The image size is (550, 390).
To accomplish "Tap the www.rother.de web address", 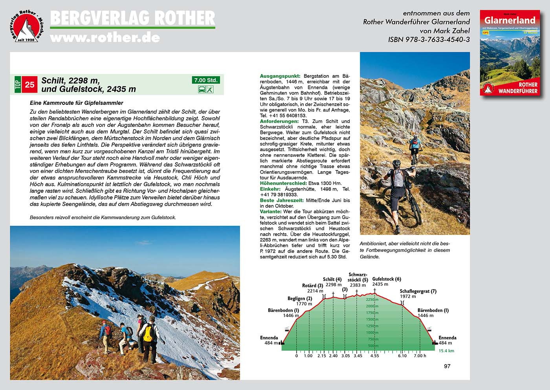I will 105,37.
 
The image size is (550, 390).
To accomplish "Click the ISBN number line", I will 429,39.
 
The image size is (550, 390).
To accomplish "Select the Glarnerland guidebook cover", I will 509,53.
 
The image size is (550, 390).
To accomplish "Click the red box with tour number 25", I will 30,84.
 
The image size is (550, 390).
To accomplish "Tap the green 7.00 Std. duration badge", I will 205,80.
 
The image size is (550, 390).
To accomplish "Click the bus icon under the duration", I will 202,90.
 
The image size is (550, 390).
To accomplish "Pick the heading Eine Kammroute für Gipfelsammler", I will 77,103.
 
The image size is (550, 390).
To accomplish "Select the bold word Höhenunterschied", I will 283,183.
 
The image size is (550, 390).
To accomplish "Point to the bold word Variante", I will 271,212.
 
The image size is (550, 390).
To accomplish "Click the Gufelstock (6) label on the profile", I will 387,279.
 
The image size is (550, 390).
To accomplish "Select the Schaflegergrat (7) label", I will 418,291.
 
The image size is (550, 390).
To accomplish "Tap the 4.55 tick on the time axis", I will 374,356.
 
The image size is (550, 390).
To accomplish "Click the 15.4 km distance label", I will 446,351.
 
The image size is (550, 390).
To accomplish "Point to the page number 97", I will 447,366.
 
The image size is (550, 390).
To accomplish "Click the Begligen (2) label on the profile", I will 299,298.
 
